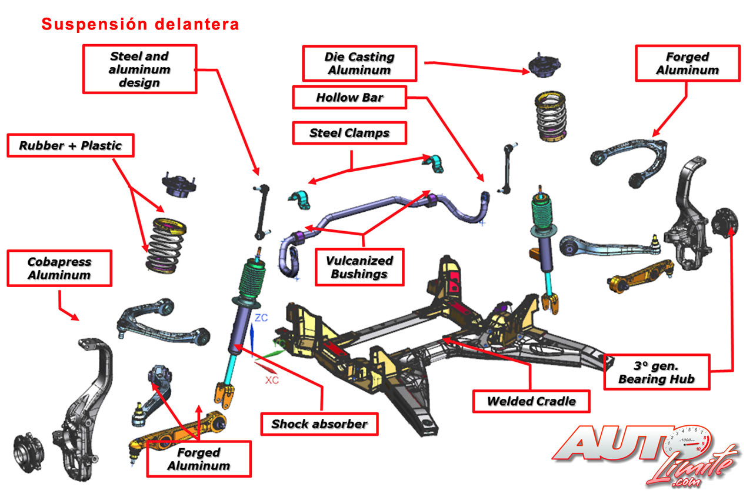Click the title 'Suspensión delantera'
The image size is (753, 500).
click(140, 24)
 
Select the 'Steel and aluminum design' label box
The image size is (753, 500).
click(139, 69)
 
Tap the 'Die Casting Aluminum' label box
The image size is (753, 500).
click(359, 64)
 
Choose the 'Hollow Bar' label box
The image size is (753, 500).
click(349, 98)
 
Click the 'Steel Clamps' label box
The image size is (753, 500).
click(349, 133)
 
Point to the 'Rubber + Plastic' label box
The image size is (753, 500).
click(71, 145)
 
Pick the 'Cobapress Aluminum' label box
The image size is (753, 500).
click(59, 268)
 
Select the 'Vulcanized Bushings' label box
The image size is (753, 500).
click(359, 267)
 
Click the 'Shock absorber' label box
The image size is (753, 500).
click(319, 424)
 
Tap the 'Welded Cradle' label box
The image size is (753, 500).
click(531, 401)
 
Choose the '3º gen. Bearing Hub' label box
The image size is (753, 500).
click(657, 372)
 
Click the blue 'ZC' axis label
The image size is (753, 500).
click(261, 318)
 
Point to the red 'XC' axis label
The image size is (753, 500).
click(272, 381)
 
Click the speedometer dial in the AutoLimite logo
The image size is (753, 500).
click(688, 441)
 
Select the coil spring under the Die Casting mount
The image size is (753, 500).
click(551, 116)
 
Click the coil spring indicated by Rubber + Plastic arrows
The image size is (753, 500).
click(166, 245)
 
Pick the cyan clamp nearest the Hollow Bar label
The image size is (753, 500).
click(434, 164)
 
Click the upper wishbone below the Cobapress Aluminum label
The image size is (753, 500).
click(163, 322)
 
